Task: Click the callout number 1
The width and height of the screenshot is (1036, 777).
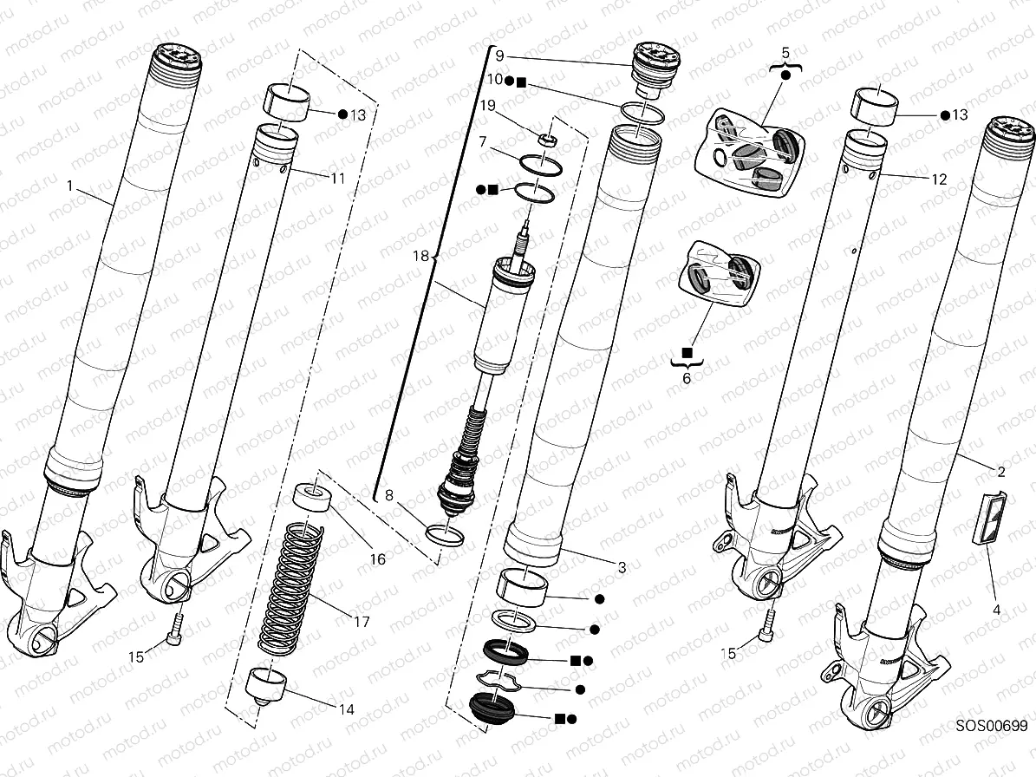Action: pos(69,185)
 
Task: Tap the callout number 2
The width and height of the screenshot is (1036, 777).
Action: pos(1000,473)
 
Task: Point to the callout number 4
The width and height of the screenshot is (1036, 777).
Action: pos(996,610)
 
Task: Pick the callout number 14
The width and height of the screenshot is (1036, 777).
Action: pos(346,709)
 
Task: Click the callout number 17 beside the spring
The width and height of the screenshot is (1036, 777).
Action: pos(362,622)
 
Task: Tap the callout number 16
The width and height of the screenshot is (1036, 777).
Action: pos(378,560)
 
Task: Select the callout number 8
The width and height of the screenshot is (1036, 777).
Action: pos(389,495)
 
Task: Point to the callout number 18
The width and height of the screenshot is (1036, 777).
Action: pos(421,256)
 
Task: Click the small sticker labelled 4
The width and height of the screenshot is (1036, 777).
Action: pos(990,518)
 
